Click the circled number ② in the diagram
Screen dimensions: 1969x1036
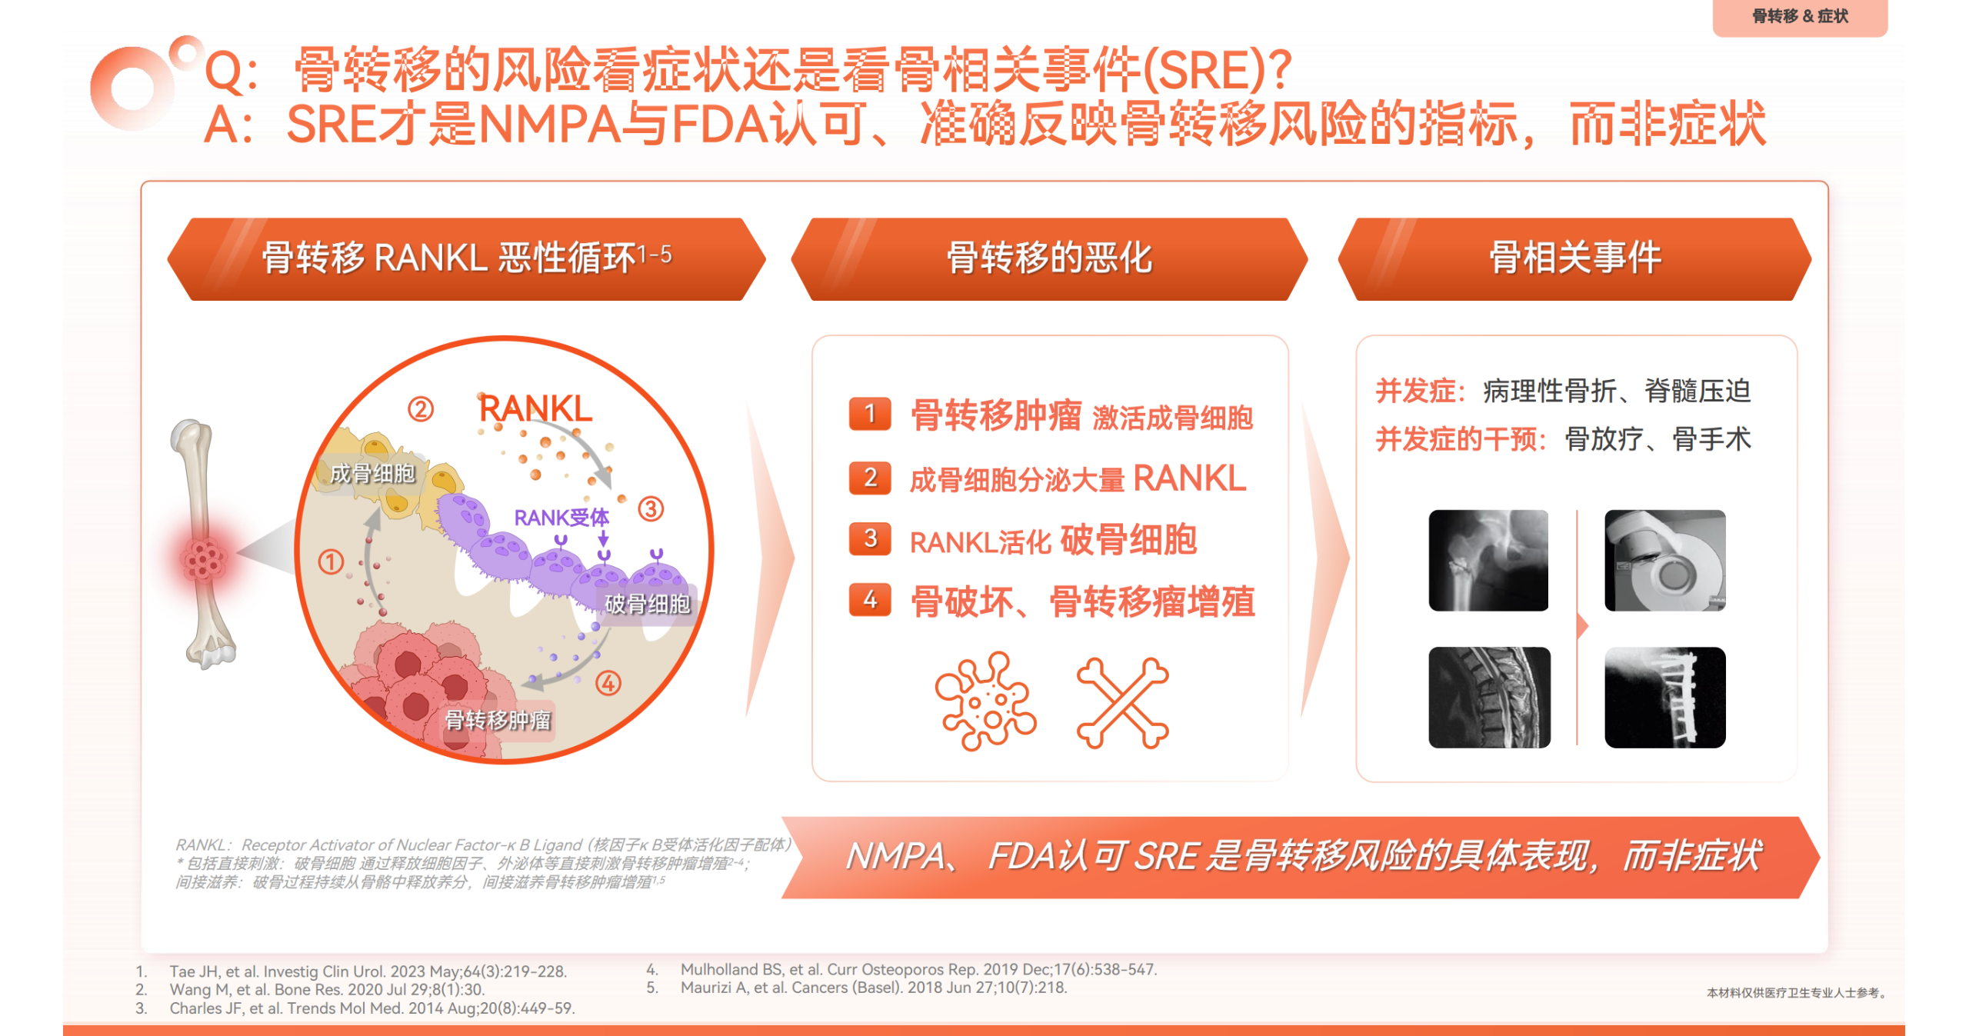[421, 408]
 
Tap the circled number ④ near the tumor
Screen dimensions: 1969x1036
[608, 682]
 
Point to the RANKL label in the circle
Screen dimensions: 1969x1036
[535, 408]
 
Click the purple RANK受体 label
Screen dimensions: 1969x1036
[561, 518]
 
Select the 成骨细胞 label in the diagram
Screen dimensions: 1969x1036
[372, 474]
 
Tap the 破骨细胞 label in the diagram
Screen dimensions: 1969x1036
[647, 604]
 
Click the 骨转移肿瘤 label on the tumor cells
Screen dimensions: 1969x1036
[498, 720]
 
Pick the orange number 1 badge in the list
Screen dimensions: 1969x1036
[870, 414]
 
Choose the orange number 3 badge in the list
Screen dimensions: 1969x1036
[870, 538]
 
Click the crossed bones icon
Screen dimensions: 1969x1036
[1123, 702]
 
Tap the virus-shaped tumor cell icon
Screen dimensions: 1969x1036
[985, 701]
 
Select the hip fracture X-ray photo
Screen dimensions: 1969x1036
[1488, 560]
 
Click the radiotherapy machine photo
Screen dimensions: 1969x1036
[1664, 560]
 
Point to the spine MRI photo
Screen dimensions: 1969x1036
[1489, 697]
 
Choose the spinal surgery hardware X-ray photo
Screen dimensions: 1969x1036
[1664, 697]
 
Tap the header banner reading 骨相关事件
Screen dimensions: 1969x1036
[1575, 258]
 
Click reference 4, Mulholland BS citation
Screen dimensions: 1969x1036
[901, 969]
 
